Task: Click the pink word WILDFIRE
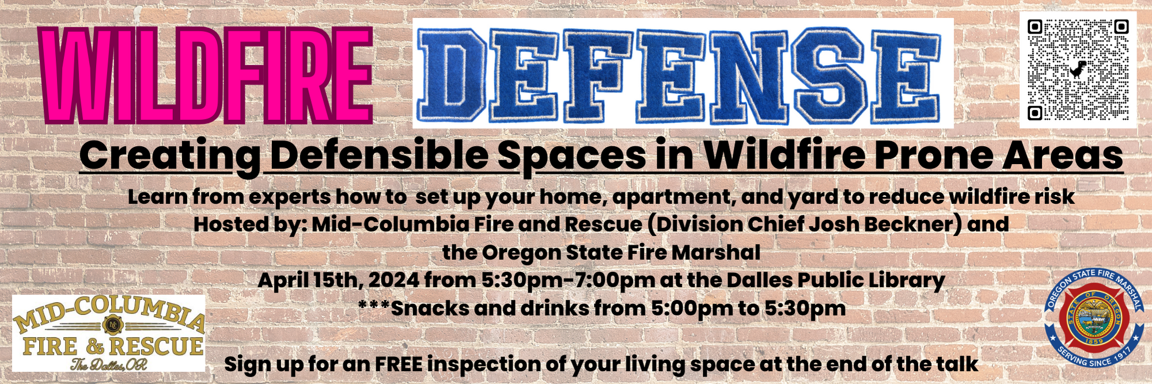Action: pos(206,75)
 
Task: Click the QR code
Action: pos(1078,70)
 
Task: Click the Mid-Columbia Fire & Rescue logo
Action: pos(109,333)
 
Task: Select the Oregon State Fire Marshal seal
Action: pos(1094,318)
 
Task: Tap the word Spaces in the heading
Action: pos(572,157)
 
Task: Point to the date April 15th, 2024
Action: pos(339,280)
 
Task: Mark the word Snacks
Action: pos(431,308)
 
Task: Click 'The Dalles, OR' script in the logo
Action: pos(109,364)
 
